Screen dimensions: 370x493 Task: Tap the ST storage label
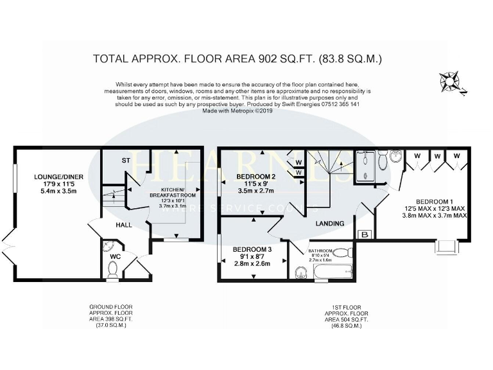(x=126, y=161)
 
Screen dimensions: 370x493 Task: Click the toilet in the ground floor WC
(x=112, y=274)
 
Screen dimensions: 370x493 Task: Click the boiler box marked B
(x=365, y=235)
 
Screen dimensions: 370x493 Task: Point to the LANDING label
(x=330, y=224)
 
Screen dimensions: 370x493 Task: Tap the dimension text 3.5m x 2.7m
(x=255, y=191)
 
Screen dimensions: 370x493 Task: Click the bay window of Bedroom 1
(x=447, y=246)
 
